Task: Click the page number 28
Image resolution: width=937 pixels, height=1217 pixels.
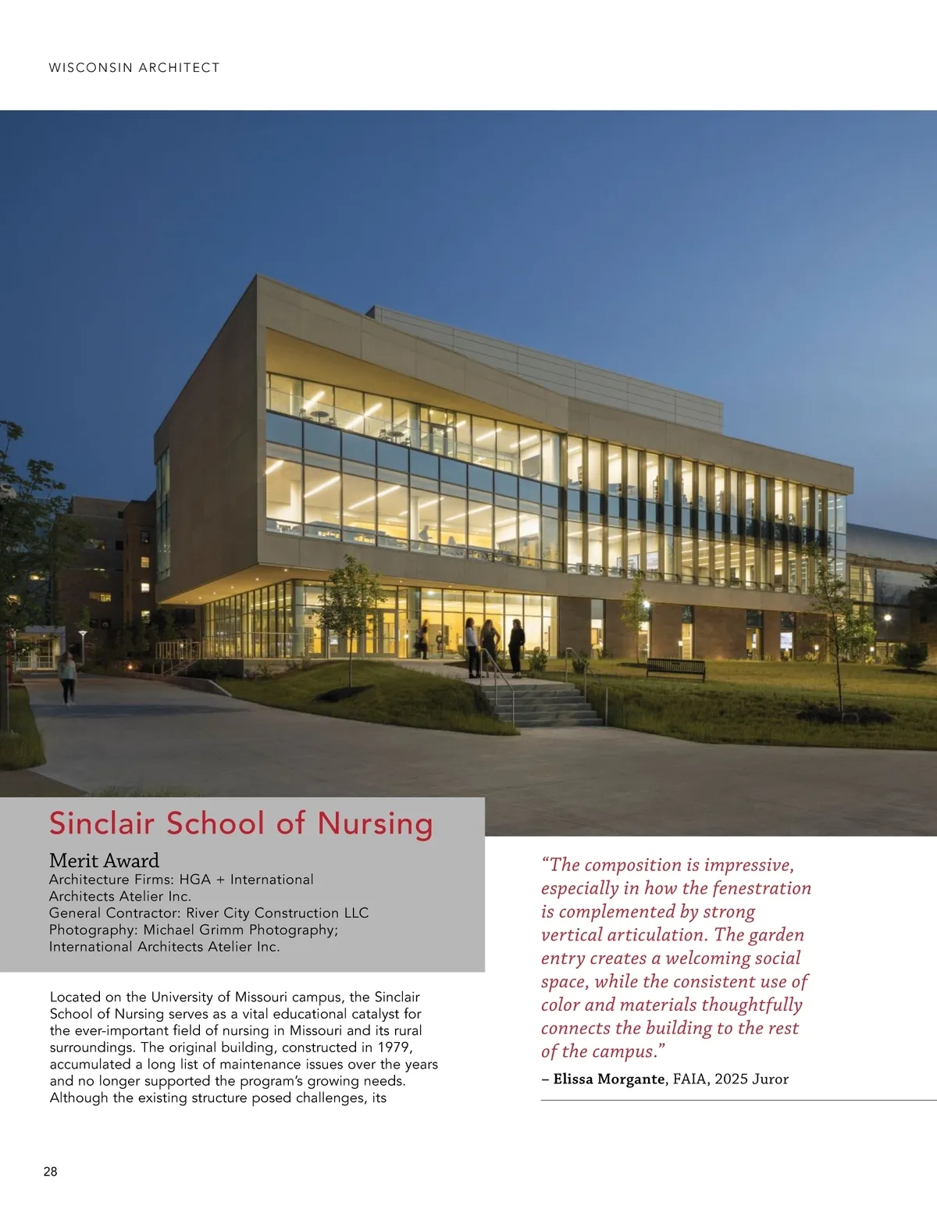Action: (50, 1172)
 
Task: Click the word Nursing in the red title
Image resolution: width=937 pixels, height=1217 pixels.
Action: (375, 824)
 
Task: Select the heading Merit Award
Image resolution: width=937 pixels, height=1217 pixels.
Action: (104, 861)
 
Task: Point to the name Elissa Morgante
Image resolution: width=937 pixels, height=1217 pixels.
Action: (608, 1080)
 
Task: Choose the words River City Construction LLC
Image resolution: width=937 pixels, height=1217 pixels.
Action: (277, 913)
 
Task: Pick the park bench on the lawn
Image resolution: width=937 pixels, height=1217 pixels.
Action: (675, 668)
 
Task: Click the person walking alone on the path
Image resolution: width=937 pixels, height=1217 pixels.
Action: (68, 676)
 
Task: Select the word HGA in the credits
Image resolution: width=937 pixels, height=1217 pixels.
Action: (194, 880)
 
